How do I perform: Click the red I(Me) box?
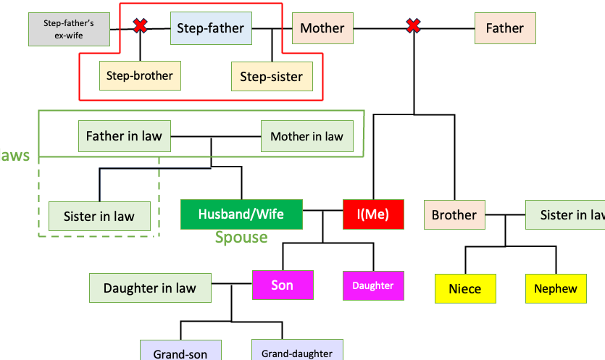pyautogui.click(x=372, y=214)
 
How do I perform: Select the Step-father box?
pyautogui.click(x=211, y=29)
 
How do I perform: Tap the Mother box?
pyautogui.click(x=322, y=28)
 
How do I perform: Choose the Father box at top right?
pyautogui.click(x=504, y=28)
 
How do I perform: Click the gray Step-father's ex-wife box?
pyautogui.click(x=69, y=28)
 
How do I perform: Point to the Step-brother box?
pyautogui.click(x=140, y=75)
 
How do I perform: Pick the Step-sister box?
pyautogui.click(x=272, y=76)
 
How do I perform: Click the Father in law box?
pyautogui.click(x=124, y=135)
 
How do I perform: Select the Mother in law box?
pyautogui.click(x=306, y=136)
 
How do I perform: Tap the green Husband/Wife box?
pyautogui.click(x=241, y=214)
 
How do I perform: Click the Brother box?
pyautogui.click(x=454, y=214)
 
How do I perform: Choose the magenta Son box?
pyautogui.click(x=283, y=285)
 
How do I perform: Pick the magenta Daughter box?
pyautogui.click(x=373, y=285)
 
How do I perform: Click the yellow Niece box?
pyautogui.click(x=465, y=288)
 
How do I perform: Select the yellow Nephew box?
pyautogui.click(x=556, y=288)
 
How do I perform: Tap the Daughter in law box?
pyautogui.click(x=150, y=288)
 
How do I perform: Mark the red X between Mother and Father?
pyautogui.click(x=413, y=28)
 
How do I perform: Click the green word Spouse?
pyautogui.click(x=241, y=238)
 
